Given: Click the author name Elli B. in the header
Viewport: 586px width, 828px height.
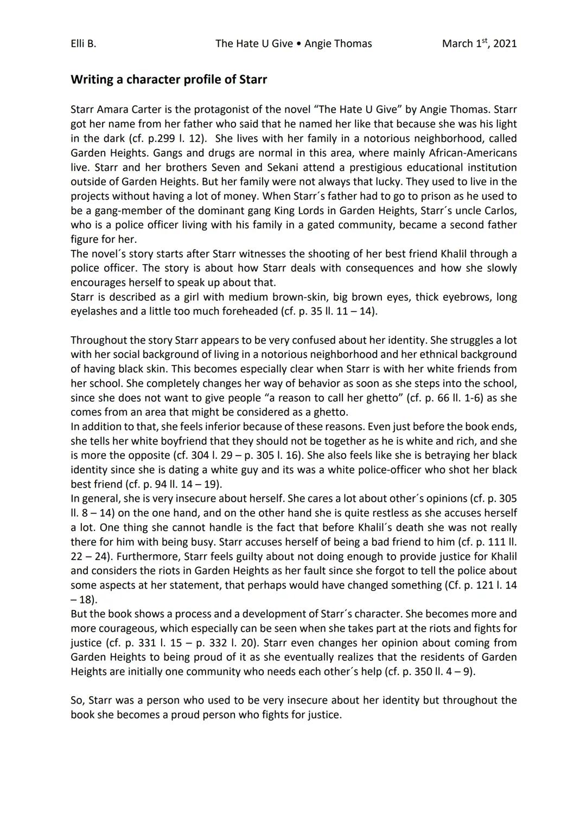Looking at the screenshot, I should click(x=83, y=43).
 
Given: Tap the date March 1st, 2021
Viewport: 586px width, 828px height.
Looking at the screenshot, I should click(x=479, y=43).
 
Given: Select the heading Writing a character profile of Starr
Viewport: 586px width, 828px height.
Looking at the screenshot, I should click(x=169, y=80).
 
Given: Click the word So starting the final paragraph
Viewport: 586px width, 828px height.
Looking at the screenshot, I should click(x=77, y=700).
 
